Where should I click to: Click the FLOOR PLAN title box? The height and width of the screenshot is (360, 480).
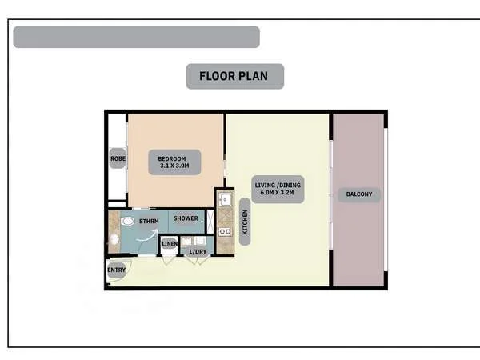coord(234,77)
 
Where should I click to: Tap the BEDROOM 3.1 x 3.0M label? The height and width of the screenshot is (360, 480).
coord(173,162)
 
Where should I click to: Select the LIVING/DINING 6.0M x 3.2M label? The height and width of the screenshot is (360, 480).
coord(275,190)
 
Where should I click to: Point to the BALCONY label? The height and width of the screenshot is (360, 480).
coord(358,194)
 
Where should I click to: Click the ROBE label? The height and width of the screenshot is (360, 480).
coord(118,158)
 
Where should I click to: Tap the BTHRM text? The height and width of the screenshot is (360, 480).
coord(148,221)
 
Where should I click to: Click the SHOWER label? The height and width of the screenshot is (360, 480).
coord(186,218)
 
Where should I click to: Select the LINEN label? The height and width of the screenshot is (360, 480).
coord(170,242)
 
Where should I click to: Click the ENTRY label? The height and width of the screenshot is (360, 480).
coord(116,270)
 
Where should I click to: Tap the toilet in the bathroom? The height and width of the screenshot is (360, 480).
coord(128,221)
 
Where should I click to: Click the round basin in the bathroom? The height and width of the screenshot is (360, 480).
coord(114,238)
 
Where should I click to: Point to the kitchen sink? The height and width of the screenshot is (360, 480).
coord(224,199)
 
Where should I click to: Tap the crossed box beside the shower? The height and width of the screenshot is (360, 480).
coord(210,219)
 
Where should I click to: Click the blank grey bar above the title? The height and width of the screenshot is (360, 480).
coord(136,37)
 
